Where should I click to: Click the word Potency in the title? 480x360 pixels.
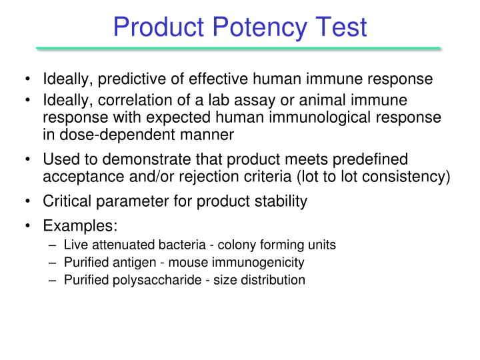click(x=254, y=27)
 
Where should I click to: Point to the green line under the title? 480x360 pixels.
click(x=239, y=49)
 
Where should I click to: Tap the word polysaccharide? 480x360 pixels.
click(x=142, y=279)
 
